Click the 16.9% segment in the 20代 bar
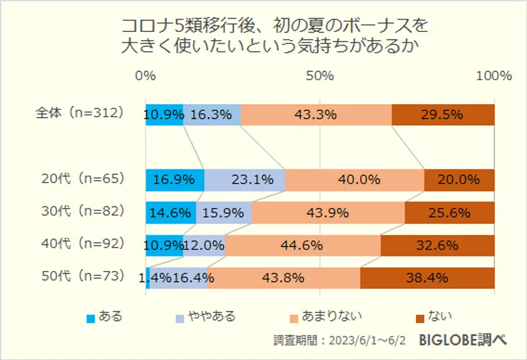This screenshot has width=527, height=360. (x=174, y=180)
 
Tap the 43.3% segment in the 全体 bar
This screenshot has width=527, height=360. (x=316, y=115)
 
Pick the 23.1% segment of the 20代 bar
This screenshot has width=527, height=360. (x=245, y=180)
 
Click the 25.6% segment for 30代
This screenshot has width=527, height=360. (x=449, y=213)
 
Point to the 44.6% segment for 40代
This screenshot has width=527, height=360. (x=302, y=245)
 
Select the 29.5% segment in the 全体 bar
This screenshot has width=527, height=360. (x=443, y=115)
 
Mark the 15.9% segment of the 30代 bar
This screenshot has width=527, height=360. (x=224, y=213)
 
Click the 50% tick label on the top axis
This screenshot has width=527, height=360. (x=320, y=76)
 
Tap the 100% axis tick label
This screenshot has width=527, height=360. (x=494, y=76)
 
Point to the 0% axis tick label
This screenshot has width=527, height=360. (x=146, y=76)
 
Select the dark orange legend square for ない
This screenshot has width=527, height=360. (x=419, y=317)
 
